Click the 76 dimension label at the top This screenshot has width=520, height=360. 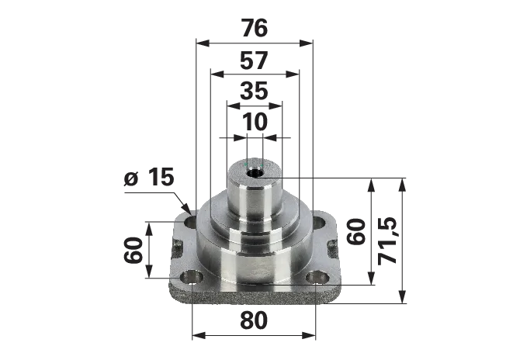pos(255,28)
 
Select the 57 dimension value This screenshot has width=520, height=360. pos(254,61)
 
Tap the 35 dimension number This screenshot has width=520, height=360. pos(254,91)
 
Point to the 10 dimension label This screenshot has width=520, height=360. pos(255,122)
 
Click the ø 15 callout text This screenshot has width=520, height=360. pos(149,177)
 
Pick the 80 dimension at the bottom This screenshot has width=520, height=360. pos(254,320)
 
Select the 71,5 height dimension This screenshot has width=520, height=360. pos(387,241)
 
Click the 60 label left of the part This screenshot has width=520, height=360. pos(133,250)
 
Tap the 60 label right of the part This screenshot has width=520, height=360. pos(356,231)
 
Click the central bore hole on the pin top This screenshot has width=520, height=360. pos(255,173)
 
